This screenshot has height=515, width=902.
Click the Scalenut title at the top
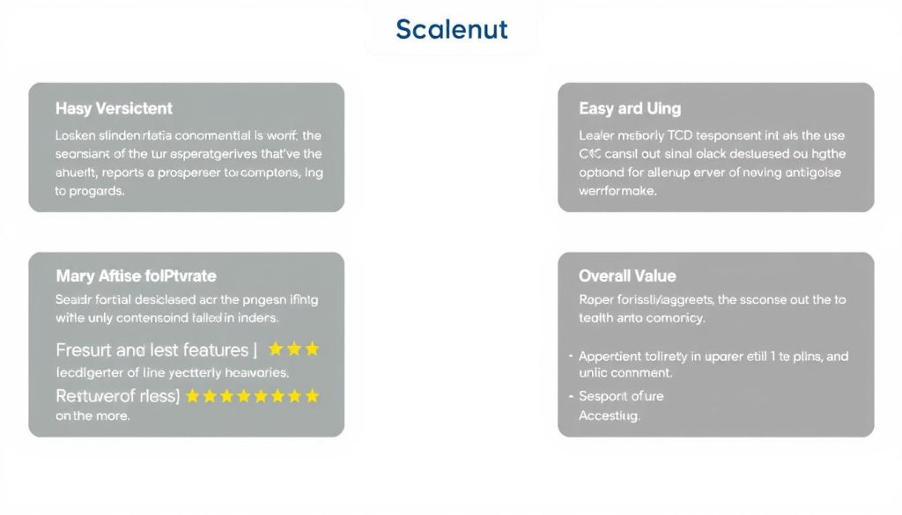pyautogui.click(x=451, y=29)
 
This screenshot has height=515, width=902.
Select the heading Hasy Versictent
pyautogui.click(x=114, y=108)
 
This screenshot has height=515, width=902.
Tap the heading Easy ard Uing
pyautogui.click(x=629, y=108)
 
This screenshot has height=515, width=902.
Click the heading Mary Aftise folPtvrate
pyautogui.click(x=136, y=276)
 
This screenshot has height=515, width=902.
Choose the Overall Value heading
pyautogui.click(x=627, y=276)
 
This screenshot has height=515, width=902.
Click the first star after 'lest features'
pyautogui.click(x=276, y=349)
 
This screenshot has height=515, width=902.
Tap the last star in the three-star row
pyautogui.click(x=311, y=349)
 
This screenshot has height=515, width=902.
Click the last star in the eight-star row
pyautogui.click(x=311, y=396)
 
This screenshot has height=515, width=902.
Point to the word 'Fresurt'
pyautogui.click(x=83, y=349)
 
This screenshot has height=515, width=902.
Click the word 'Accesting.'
pyautogui.click(x=609, y=416)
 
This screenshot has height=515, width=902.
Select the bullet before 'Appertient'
pyautogui.click(x=570, y=357)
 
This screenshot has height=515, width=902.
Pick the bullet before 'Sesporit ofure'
pyautogui.click(x=570, y=397)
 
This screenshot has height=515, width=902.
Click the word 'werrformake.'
pyautogui.click(x=617, y=191)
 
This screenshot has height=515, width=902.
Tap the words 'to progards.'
pyautogui.click(x=90, y=191)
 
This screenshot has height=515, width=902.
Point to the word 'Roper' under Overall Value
pyautogui.click(x=596, y=299)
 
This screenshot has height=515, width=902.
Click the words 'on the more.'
pyautogui.click(x=92, y=416)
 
